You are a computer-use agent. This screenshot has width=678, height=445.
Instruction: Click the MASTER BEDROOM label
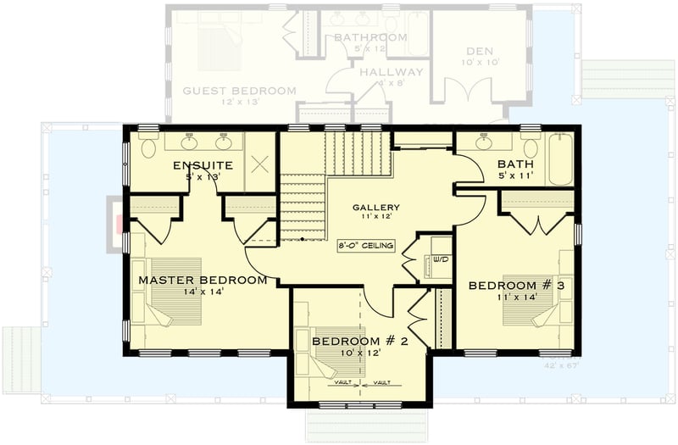(203, 280)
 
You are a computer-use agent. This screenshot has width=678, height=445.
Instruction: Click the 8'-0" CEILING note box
(365, 246)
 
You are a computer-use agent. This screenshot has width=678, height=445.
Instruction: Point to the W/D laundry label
(440, 260)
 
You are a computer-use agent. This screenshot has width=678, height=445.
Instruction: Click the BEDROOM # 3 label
(516, 286)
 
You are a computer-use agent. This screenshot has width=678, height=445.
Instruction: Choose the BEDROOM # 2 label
(360, 342)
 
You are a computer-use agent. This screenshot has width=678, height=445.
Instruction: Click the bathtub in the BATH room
(560, 161)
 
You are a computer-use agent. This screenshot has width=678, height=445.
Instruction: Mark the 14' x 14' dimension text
(203, 292)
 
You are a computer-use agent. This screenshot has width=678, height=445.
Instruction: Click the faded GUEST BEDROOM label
(239, 91)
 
